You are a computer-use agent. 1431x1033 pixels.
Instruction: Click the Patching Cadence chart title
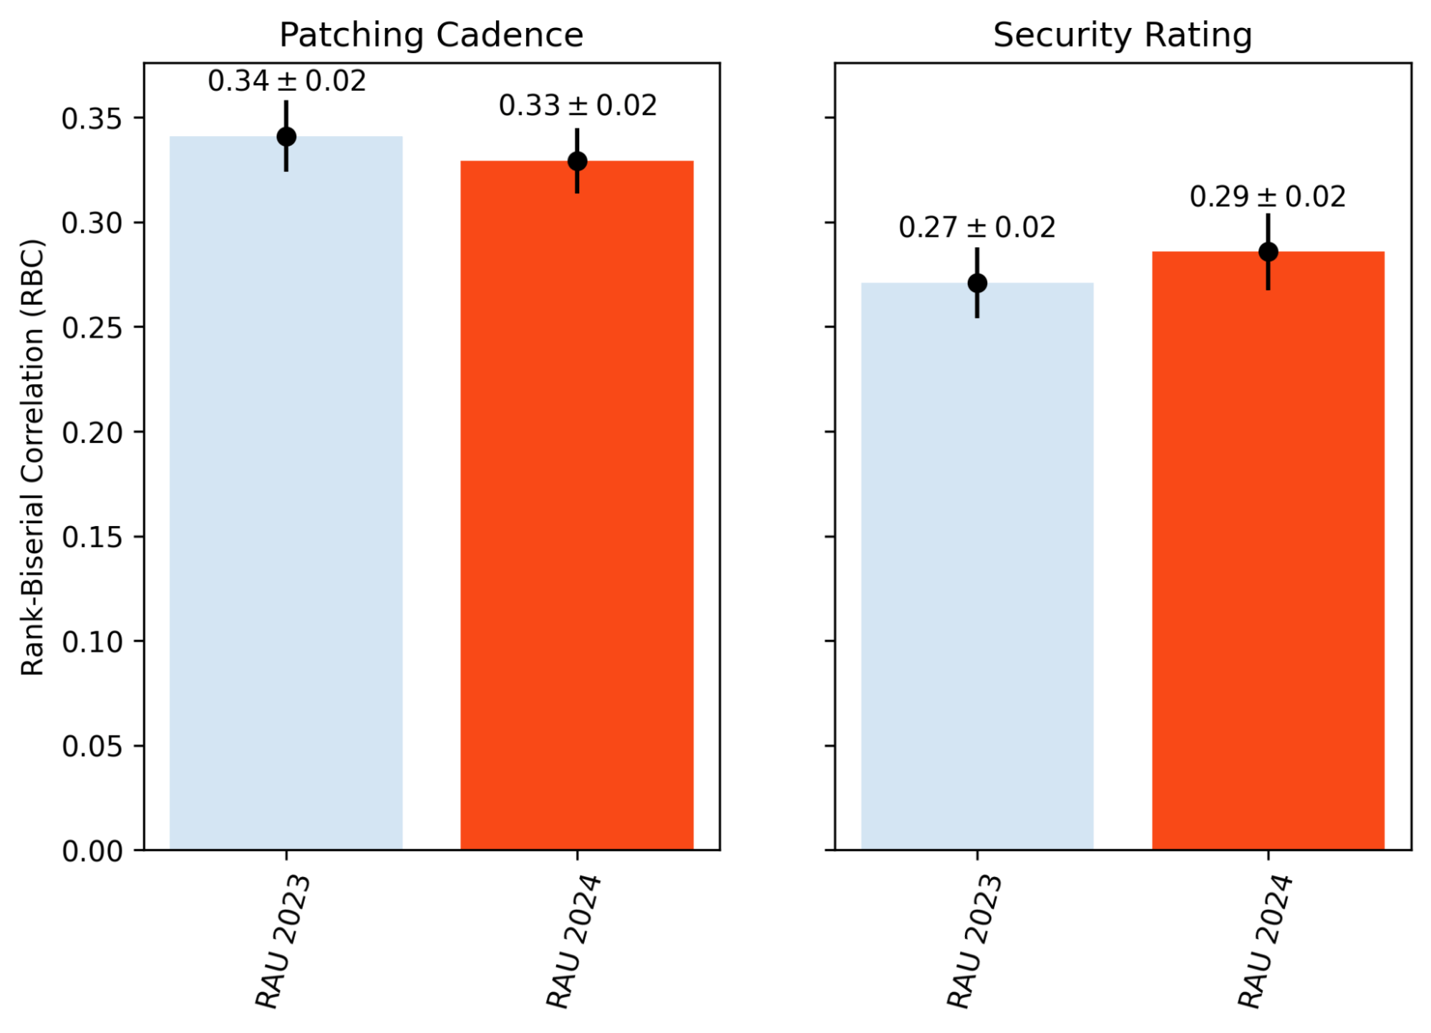pos(431,35)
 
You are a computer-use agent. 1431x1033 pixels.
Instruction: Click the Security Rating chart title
pos(1122,35)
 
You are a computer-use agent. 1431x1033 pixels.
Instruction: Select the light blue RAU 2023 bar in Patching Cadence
pos(286,501)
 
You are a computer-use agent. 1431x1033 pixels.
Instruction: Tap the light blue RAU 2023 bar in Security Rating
pos(976,573)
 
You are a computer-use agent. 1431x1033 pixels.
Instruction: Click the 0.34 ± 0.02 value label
pos(286,81)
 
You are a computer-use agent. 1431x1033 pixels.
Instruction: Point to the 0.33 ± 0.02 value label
pos(577,106)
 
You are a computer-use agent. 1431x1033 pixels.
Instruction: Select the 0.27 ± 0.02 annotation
pos(976,228)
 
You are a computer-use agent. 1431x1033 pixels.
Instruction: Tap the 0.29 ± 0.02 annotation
pos(1267,197)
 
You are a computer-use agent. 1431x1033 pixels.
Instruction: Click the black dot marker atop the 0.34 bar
pos(286,137)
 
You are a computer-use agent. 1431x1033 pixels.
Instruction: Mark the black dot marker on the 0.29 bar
pos(1268,252)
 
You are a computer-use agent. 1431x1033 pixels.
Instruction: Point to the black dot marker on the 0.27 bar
pos(976,283)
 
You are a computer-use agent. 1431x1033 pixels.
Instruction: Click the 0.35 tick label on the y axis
pos(92,119)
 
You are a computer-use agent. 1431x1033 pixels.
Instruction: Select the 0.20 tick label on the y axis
pos(92,432)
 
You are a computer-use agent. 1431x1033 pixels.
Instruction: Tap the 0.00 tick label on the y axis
pos(92,851)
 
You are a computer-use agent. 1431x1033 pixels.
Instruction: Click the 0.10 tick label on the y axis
pos(92,642)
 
